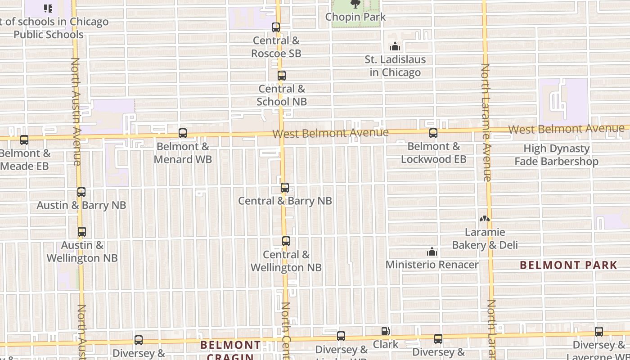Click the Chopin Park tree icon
coord(355,4)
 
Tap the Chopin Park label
coord(355,17)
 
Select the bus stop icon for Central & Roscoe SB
coord(276,27)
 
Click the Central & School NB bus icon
coord(282,76)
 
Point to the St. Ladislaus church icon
coord(395,46)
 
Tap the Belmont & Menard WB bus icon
coord(183,133)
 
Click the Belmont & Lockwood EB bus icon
coord(433,133)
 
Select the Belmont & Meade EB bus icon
coord(24,140)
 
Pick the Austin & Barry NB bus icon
coord(81,192)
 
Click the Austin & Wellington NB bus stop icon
coord(82,232)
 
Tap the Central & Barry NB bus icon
coord(285,188)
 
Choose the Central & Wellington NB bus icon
coord(286,241)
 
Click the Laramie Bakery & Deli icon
coord(485,219)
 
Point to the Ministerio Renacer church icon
coord(432,252)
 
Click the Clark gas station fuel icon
coord(385,332)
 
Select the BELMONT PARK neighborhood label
coord(568,265)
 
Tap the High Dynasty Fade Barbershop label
coord(556,155)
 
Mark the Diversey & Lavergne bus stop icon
coord(599,332)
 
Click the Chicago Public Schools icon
coord(48,8)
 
